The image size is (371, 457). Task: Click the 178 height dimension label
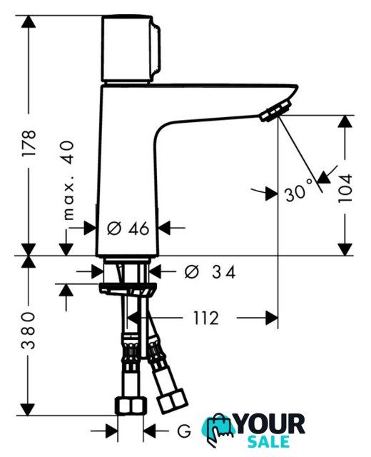[x=29, y=144]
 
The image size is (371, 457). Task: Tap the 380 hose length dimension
[x=29, y=330]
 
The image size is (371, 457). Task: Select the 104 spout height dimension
[x=345, y=189]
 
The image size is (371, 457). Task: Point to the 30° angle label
[x=298, y=191]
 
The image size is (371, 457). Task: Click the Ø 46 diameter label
[x=128, y=228]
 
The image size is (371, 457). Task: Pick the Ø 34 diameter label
[x=210, y=272]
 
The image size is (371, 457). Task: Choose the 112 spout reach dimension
[x=206, y=318]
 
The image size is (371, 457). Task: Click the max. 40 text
[x=68, y=181]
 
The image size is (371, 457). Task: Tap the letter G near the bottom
[x=184, y=431]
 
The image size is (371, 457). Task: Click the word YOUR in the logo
[x=270, y=424]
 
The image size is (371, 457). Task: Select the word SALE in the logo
[x=268, y=442]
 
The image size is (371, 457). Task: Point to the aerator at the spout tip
[x=276, y=110]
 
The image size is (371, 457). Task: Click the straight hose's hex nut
[x=131, y=406]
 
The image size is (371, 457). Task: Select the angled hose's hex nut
[x=172, y=401]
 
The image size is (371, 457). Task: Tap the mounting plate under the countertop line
[x=128, y=288]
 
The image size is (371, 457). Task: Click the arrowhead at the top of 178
[x=29, y=21]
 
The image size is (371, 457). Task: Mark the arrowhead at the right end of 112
[x=272, y=318]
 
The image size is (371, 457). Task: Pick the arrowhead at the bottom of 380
[x=28, y=409]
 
